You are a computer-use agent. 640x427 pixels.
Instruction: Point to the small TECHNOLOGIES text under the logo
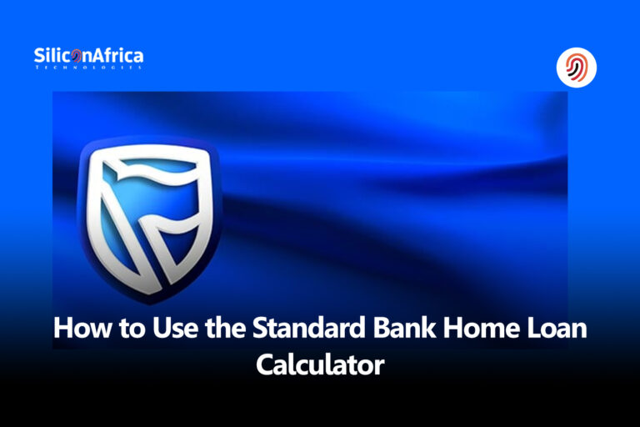tap(87, 68)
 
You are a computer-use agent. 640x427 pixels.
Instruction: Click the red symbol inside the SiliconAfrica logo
tap(77, 57)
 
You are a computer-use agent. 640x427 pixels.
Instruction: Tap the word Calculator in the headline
tap(320, 364)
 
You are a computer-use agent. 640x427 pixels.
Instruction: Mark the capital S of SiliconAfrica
tap(39, 56)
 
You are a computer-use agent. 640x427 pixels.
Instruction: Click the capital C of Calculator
tap(265, 364)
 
